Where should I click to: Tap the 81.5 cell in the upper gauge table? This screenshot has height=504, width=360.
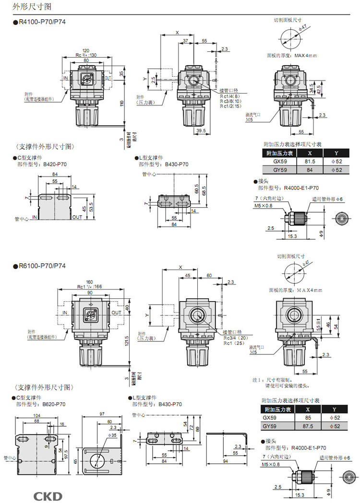[x=310, y=162]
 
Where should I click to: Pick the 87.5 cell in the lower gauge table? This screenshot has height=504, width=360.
[x=310, y=426]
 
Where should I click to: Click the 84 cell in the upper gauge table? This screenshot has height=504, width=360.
[x=310, y=170]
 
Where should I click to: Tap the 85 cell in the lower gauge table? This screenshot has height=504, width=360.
[x=310, y=418]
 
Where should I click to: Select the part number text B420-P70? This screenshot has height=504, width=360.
[x=56, y=164]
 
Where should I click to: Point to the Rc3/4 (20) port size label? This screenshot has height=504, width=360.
[x=235, y=338]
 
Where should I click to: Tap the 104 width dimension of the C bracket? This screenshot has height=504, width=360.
[x=36, y=416]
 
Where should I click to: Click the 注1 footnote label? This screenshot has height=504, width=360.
[x=258, y=379]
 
